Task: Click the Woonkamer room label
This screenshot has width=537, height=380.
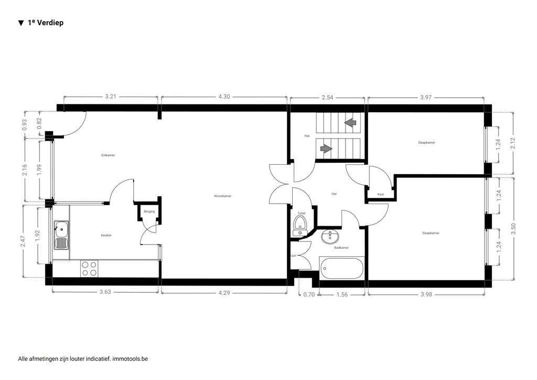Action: (222, 196)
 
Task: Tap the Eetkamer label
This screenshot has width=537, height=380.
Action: (108, 155)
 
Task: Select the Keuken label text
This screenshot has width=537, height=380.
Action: (106, 236)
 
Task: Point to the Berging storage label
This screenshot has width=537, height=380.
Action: (149, 212)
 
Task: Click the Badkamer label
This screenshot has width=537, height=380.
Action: (341, 247)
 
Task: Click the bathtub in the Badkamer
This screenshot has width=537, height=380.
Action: (341, 268)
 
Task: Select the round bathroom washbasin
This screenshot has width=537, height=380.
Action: (330, 236)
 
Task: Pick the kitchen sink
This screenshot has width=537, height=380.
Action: (61, 236)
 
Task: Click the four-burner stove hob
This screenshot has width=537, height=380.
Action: (89, 269)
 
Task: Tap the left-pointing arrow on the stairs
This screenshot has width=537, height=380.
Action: (350, 122)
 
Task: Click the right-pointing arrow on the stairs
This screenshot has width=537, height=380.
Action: (326, 149)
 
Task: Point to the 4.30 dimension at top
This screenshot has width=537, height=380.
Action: (224, 97)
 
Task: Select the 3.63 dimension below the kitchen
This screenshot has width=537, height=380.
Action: (105, 292)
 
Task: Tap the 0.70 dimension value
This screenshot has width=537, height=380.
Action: (309, 294)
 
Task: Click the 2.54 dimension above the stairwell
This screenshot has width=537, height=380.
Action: (327, 97)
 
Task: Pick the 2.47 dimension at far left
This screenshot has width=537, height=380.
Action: (23, 241)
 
